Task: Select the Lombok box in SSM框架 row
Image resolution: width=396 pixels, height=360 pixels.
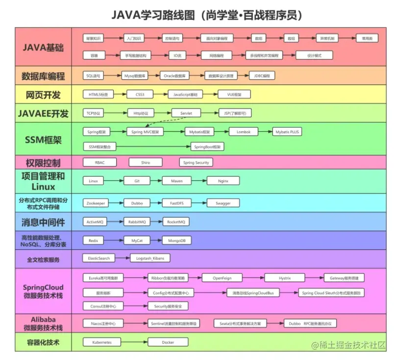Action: [x=243, y=132]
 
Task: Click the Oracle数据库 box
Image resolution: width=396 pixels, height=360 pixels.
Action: [x=174, y=76]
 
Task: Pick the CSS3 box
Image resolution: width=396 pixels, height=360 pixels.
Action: [x=140, y=94]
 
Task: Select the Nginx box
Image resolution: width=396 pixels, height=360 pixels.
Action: [x=223, y=181]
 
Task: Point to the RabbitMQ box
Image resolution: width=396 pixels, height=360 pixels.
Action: [x=137, y=222]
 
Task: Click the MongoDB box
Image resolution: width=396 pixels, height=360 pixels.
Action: [x=177, y=240]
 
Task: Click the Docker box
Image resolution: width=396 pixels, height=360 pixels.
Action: [x=168, y=342]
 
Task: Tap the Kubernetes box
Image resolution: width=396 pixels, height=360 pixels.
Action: [x=101, y=342]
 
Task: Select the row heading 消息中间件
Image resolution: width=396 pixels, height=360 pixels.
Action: [x=43, y=222]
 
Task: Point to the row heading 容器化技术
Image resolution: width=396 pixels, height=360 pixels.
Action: [x=43, y=342]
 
